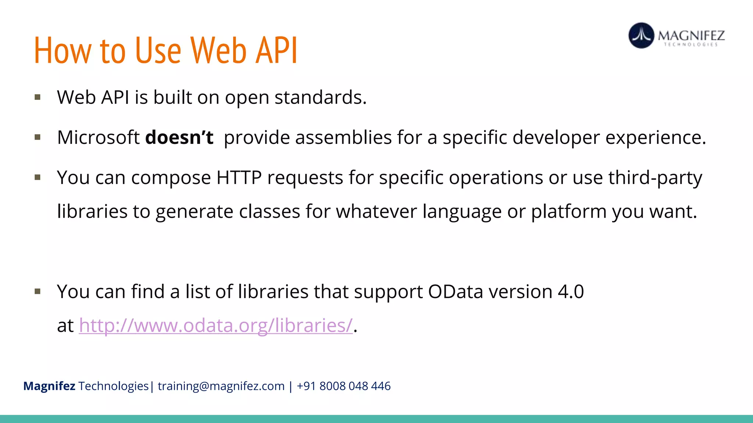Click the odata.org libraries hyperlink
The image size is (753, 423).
pos(216,326)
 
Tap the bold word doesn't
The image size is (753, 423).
pos(179,138)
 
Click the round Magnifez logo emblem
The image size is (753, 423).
pos(641,36)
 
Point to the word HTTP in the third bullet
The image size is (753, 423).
pos(239,178)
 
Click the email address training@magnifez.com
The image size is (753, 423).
pos(221,386)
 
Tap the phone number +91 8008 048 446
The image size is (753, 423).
pos(343,386)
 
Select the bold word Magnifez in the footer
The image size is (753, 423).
pos(49,386)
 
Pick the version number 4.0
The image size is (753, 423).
pos(571,292)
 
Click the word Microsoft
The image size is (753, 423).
pos(98,138)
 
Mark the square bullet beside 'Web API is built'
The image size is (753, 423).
pos(38,97)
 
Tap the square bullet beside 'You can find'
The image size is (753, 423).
pos(38,292)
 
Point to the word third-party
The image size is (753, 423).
pos(655,178)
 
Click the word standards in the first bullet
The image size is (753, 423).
pos(320,98)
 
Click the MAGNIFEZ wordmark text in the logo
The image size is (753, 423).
pos(691,36)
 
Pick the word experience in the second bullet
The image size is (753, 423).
pos(655,138)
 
